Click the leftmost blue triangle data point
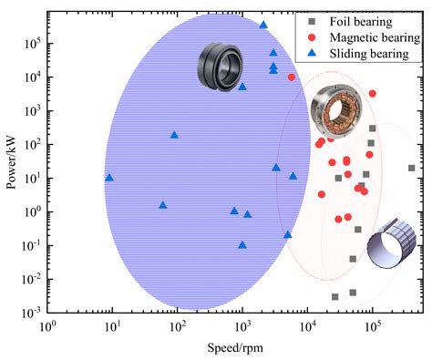point(109,177)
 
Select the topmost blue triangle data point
point(263,25)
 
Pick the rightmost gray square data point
point(411,168)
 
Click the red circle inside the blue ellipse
point(292,77)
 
